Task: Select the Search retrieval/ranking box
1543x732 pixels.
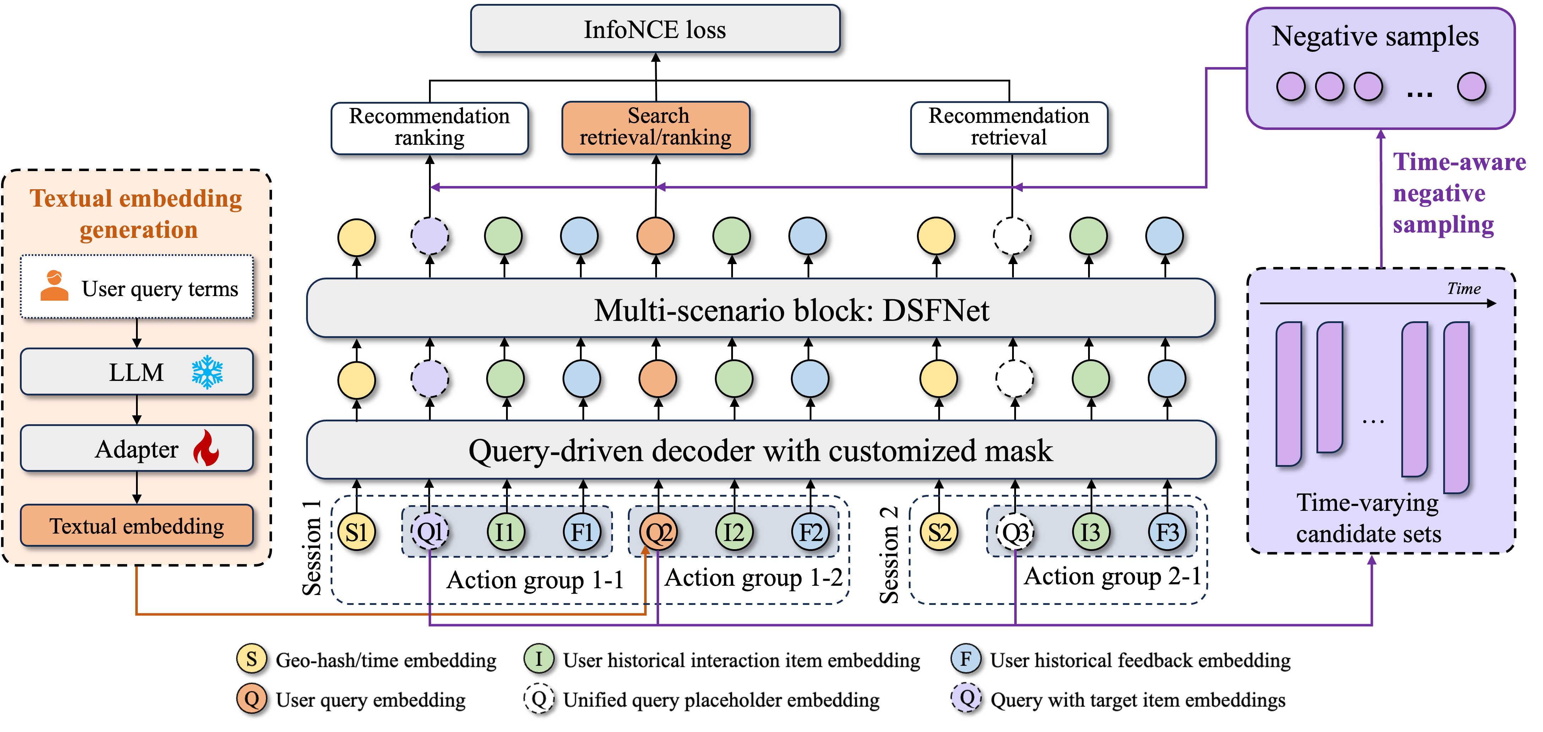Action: pos(656,127)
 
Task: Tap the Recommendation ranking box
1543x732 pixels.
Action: pos(429,127)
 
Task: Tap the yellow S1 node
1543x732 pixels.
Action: pos(357,532)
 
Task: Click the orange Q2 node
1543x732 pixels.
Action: pos(658,532)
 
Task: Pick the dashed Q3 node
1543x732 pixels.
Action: pos(1015,532)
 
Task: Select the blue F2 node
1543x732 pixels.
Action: pos(810,532)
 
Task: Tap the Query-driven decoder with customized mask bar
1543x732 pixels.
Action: pos(761,450)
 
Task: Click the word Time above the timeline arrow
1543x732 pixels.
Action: pos(1463,289)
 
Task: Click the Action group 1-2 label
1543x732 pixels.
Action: pos(754,578)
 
